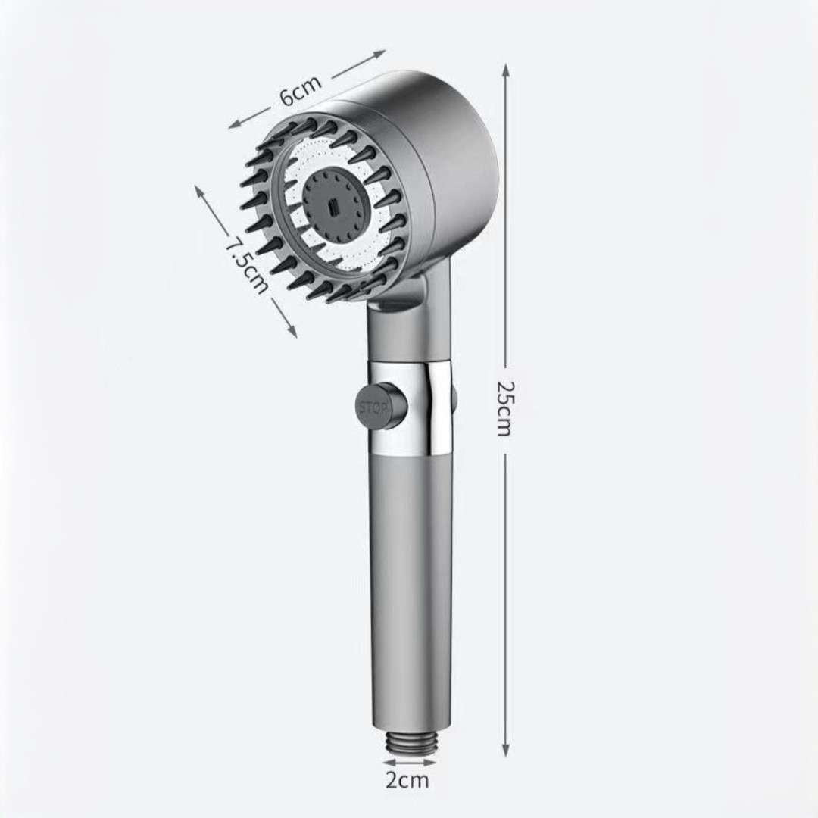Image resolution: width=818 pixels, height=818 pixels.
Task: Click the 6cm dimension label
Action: point(301,90)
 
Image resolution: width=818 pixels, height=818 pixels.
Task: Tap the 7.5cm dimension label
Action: point(247,264)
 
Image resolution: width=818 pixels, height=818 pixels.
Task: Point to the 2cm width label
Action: point(407,780)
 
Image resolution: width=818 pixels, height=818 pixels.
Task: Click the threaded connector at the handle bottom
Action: point(411,740)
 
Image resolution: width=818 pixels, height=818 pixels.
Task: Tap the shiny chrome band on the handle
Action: point(410,407)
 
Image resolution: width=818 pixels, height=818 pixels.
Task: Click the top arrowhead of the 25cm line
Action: point(505,70)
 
